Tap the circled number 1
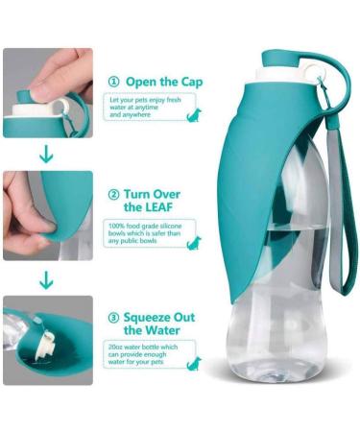(x=114, y=82)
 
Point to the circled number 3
(x=114, y=317)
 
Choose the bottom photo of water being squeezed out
(x=47, y=340)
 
